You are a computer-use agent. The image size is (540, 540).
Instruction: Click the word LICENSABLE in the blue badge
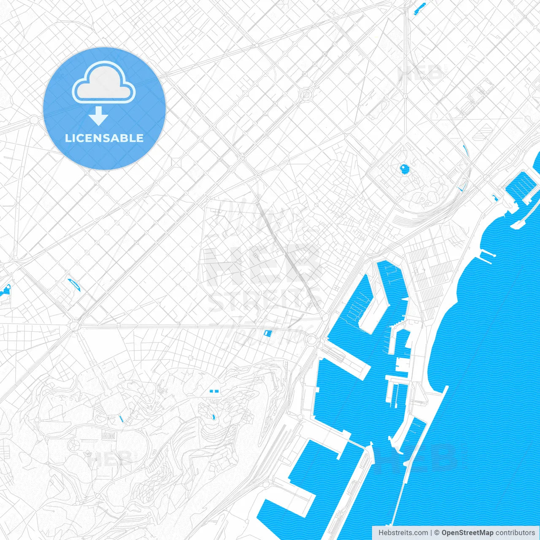[x=104, y=138]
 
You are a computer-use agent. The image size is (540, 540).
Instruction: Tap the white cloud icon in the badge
[x=104, y=83]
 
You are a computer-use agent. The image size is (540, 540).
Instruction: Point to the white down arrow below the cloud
[x=99, y=116]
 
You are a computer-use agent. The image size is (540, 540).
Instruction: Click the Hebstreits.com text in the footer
[x=403, y=533]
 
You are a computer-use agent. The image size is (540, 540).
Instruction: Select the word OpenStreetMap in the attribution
[x=467, y=533]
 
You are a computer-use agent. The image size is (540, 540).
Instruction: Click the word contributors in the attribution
[x=515, y=533]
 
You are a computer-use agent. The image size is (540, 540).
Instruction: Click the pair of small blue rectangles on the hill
[x=214, y=391]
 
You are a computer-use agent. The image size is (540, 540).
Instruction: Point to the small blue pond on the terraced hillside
[x=213, y=418]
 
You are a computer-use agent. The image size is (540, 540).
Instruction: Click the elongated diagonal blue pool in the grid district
[x=74, y=284]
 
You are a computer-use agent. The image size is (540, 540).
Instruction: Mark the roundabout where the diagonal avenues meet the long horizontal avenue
[x=76, y=326]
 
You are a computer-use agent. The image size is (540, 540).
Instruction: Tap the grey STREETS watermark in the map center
[x=264, y=300]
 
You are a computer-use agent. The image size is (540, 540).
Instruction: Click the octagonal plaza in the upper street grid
[x=307, y=94]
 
